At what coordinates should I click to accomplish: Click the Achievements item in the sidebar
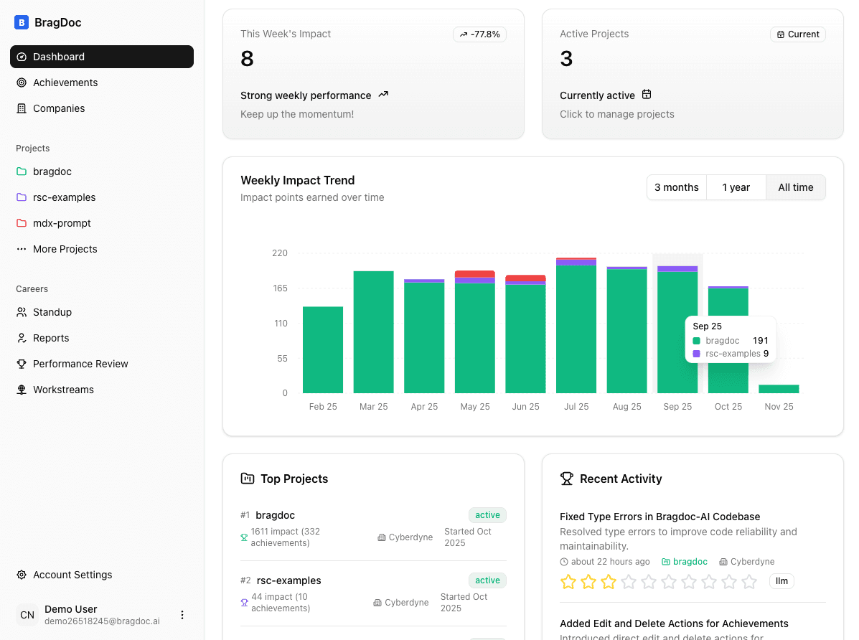(x=65, y=83)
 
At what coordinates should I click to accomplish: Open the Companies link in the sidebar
(x=59, y=108)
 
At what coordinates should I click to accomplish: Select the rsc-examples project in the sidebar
(x=64, y=197)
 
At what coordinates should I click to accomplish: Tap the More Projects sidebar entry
(x=65, y=249)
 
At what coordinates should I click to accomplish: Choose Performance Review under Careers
(x=80, y=364)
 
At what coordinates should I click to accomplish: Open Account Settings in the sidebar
(x=72, y=575)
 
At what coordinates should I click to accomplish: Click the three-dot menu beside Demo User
(x=182, y=615)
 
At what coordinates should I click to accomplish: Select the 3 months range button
(x=676, y=187)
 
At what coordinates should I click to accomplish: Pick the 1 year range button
(x=736, y=187)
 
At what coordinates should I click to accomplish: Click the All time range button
(x=796, y=187)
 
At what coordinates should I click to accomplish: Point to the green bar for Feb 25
(x=323, y=350)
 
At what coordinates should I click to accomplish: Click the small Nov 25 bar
(x=779, y=389)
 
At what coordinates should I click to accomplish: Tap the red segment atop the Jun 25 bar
(x=525, y=278)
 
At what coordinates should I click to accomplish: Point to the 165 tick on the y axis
(x=279, y=288)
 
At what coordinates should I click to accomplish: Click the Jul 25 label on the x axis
(x=576, y=407)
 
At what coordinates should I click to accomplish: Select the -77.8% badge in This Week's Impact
(x=479, y=34)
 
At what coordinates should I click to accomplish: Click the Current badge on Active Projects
(x=798, y=34)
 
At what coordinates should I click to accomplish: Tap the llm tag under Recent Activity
(x=781, y=581)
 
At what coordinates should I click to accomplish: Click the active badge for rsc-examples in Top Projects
(x=487, y=580)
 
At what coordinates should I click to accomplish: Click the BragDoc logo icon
(x=22, y=22)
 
